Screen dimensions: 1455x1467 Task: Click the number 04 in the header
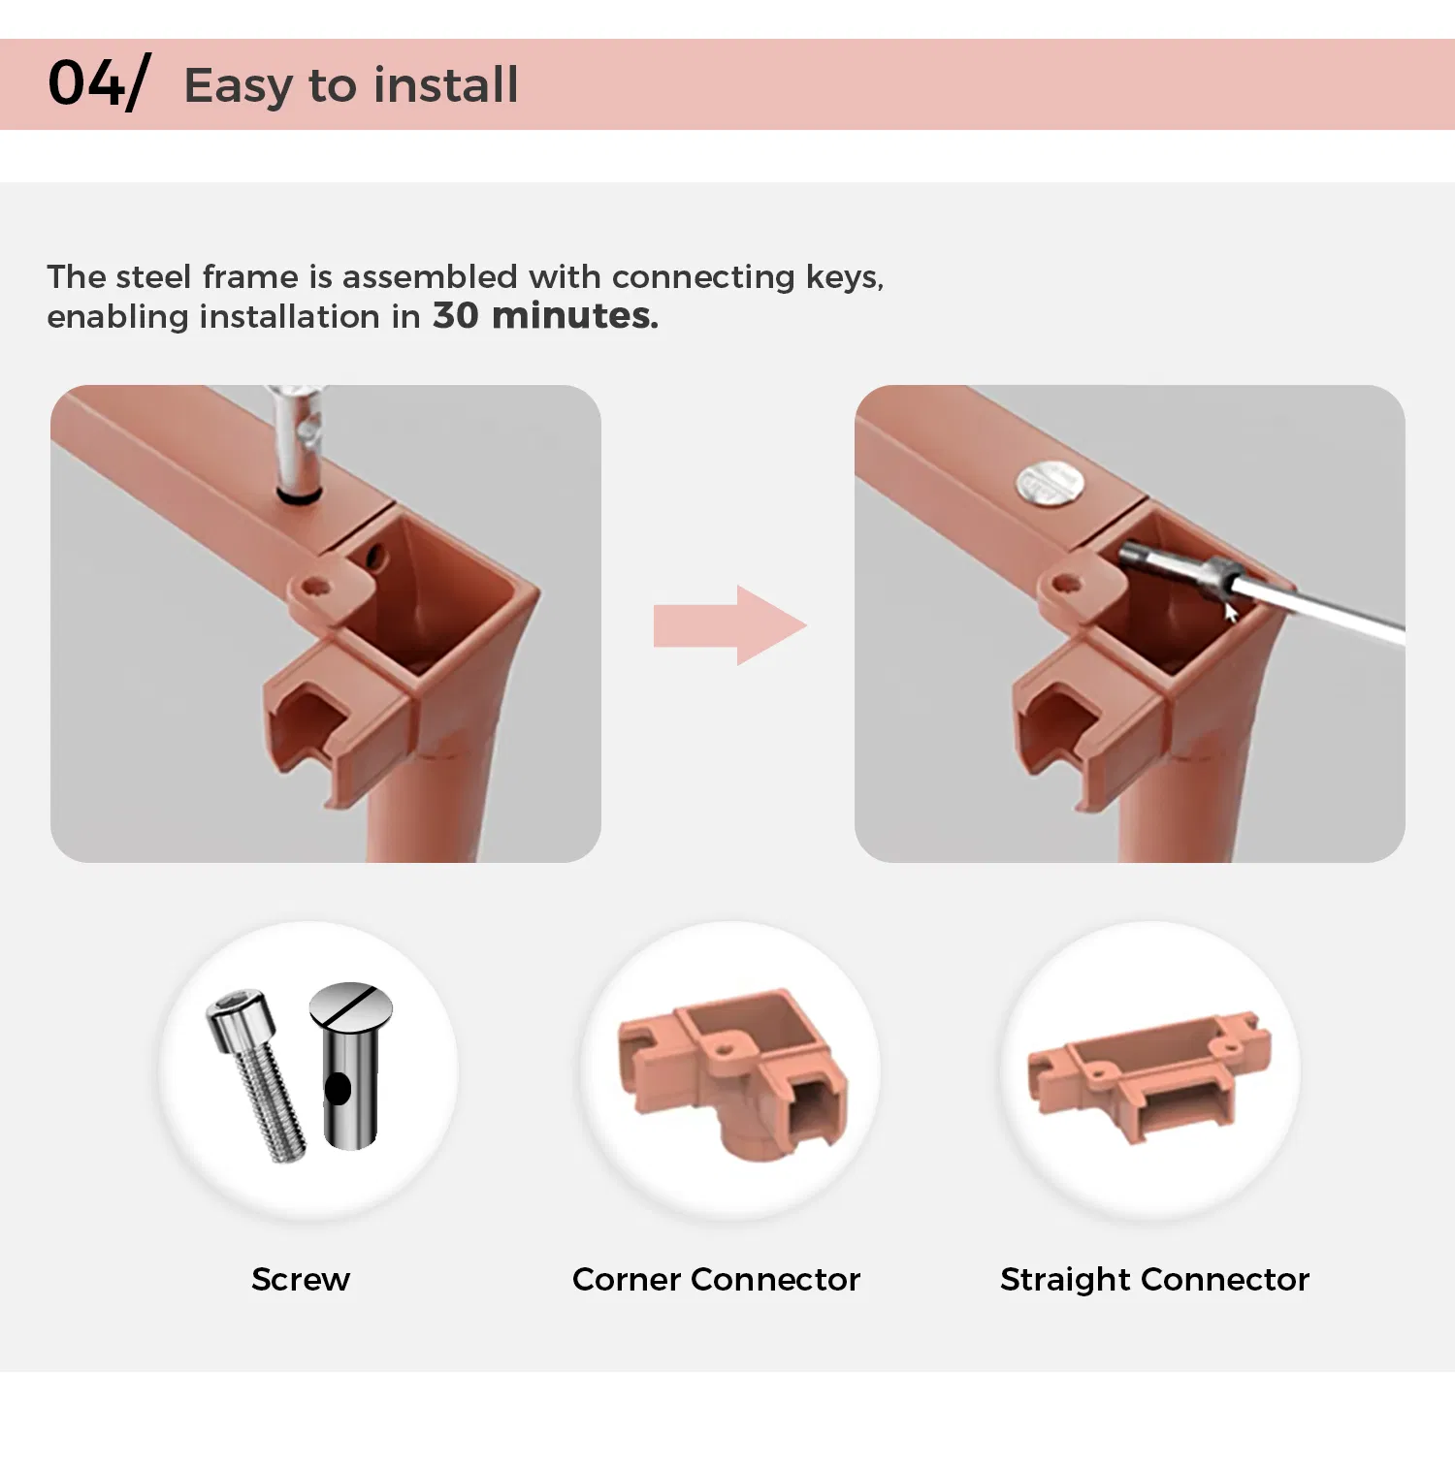click(86, 82)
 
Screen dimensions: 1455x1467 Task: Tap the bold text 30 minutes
click(545, 316)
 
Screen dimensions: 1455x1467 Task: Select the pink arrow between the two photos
click(729, 624)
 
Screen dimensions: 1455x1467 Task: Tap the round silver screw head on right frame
click(1050, 482)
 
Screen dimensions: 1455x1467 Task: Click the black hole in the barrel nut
click(338, 1089)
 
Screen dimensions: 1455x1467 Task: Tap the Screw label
click(301, 1280)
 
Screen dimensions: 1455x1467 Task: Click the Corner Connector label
click(716, 1280)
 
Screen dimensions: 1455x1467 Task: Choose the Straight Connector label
click(1154, 1281)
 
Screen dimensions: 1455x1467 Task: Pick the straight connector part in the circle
click(1149, 1076)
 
